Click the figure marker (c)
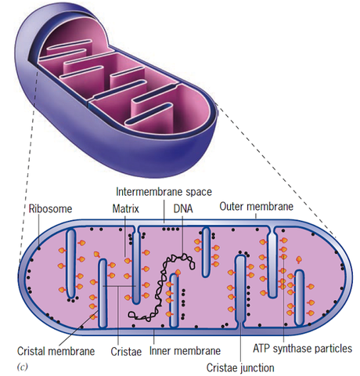(23, 367)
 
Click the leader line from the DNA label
(183, 239)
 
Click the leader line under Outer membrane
(256, 222)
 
